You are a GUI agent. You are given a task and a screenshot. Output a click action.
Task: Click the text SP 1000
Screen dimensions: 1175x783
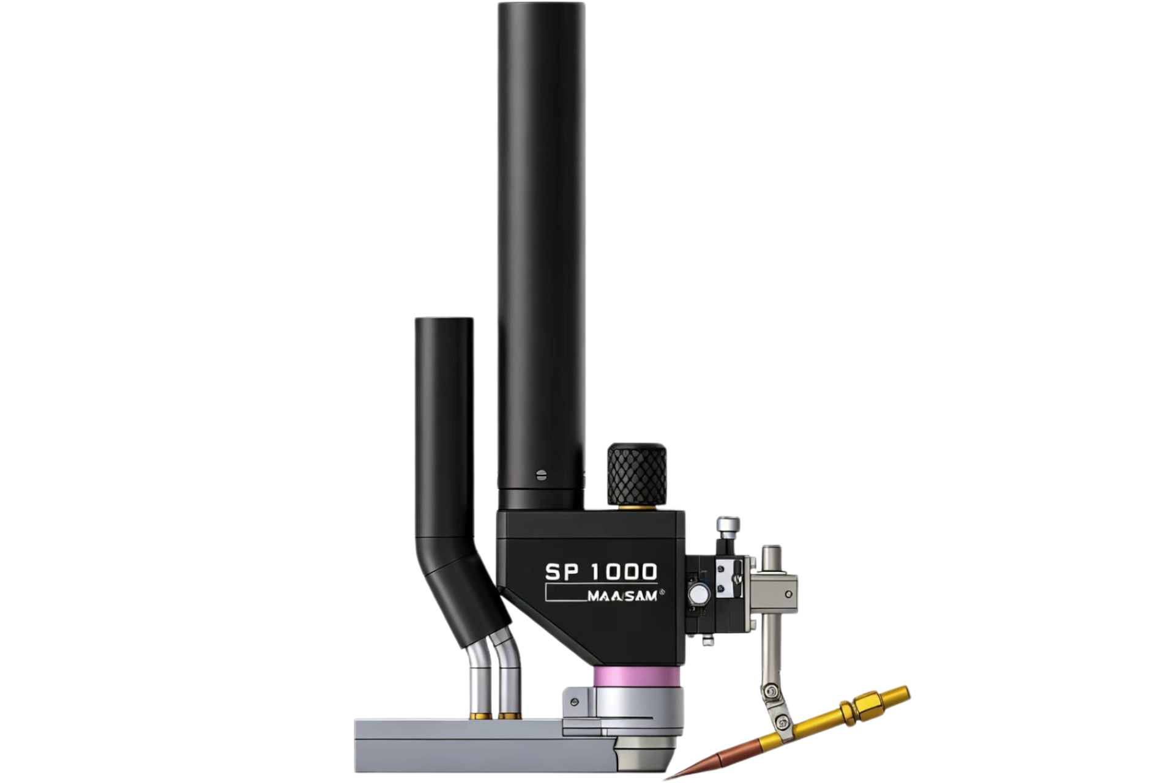pyautogui.click(x=601, y=571)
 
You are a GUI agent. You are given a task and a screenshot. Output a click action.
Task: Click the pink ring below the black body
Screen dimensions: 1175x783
pyautogui.click(x=636, y=677)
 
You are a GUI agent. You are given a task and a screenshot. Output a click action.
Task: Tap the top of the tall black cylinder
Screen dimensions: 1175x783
pyautogui.click(x=541, y=5)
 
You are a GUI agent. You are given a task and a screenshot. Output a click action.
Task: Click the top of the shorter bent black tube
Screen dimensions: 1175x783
pyautogui.click(x=444, y=320)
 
